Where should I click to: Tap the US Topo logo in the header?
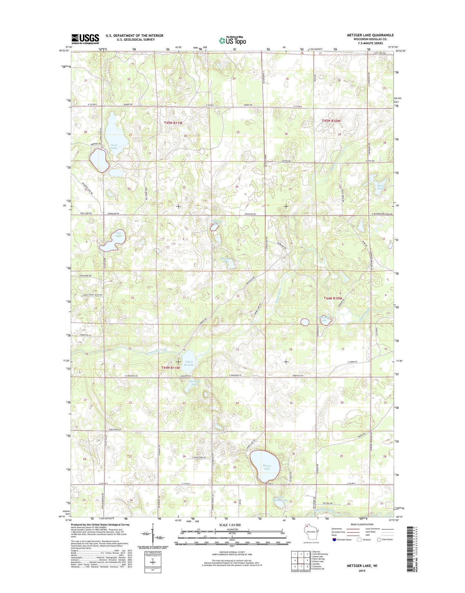click(232, 40)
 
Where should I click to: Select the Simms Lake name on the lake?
click(267, 467)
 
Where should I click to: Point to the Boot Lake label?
click(380, 187)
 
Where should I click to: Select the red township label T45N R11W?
click(173, 123)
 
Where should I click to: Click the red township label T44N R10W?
click(332, 298)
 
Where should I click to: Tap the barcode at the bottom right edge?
click(409, 547)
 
